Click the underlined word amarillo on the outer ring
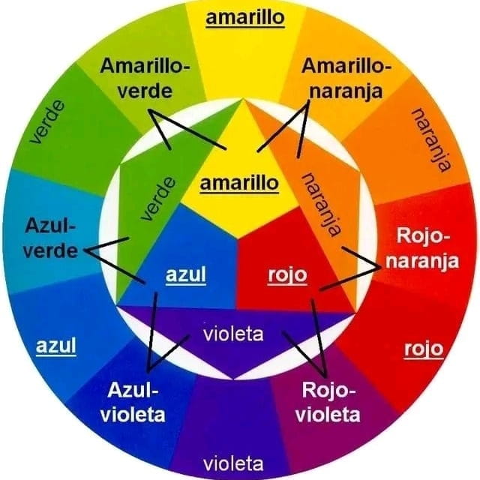(x=245, y=18)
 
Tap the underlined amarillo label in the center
(x=239, y=184)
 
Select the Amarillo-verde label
(x=145, y=79)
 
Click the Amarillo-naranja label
(x=346, y=79)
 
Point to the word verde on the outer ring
(x=47, y=121)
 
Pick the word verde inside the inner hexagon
(x=158, y=199)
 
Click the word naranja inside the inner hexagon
(x=322, y=205)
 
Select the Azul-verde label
(x=50, y=238)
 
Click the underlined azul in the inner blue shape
(x=186, y=275)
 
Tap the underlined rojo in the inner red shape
(x=287, y=276)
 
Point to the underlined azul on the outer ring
(x=56, y=346)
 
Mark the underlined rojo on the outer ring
(x=424, y=349)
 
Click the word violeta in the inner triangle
(x=233, y=334)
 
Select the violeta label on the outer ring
(x=233, y=463)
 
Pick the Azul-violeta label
(x=133, y=402)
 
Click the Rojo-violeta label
(x=328, y=402)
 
